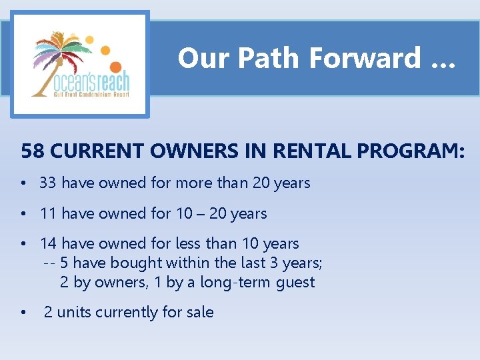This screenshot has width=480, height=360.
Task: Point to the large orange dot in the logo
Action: [115, 67]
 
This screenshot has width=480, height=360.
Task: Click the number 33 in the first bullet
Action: [48, 183]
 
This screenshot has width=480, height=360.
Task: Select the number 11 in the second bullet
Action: [48, 213]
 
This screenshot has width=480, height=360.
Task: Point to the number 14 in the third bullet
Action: [48, 243]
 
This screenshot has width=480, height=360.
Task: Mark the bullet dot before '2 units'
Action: [23, 313]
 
